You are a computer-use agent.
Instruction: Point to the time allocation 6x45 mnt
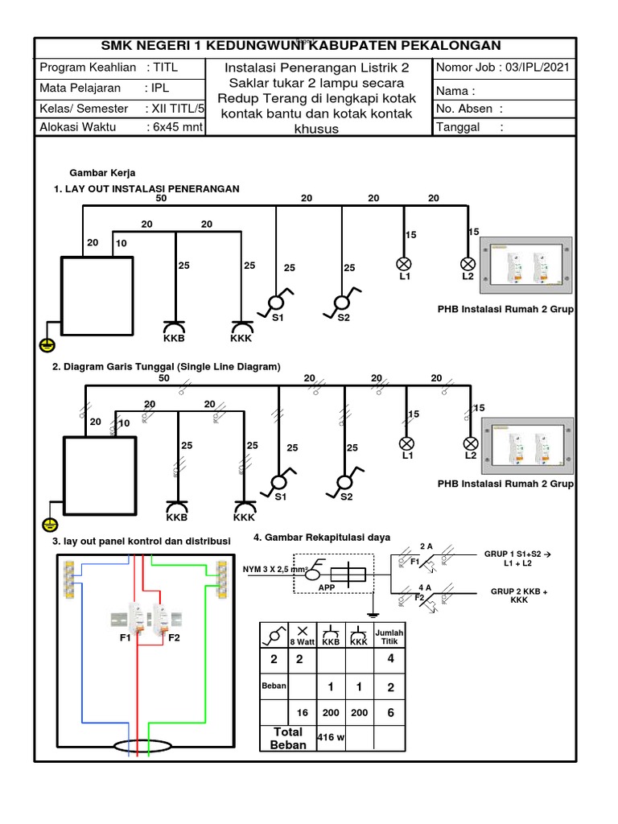click(174, 127)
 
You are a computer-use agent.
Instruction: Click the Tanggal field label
click(458, 127)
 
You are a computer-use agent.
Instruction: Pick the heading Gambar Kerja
click(103, 173)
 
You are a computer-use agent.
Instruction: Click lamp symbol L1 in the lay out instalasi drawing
click(404, 264)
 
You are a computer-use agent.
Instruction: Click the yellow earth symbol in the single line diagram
click(48, 525)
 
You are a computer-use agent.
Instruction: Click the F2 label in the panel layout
click(174, 637)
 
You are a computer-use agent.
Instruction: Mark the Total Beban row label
click(288, 738)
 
